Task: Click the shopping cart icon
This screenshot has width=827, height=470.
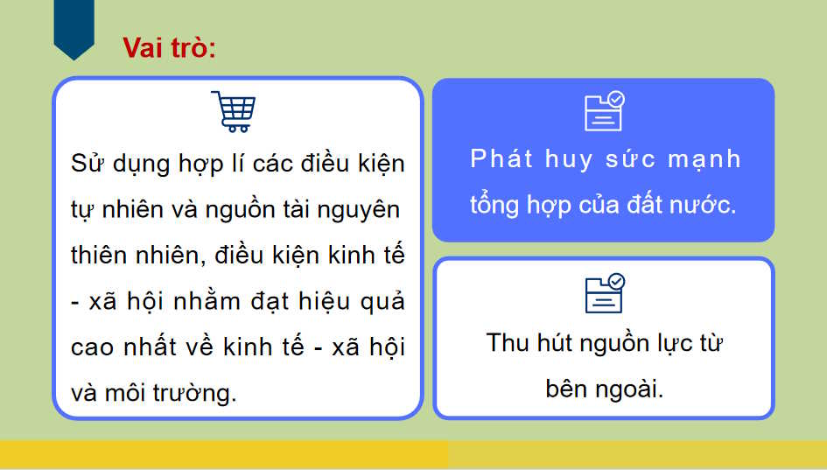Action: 234,111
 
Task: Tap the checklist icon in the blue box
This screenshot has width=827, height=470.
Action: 604,111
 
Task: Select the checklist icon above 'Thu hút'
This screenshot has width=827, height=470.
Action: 604,293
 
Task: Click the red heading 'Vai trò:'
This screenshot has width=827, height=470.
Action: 169,47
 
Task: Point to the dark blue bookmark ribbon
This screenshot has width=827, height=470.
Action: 74,28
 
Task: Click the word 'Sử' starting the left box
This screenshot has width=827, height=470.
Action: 88,165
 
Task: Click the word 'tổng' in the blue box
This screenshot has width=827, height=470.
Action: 495,205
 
